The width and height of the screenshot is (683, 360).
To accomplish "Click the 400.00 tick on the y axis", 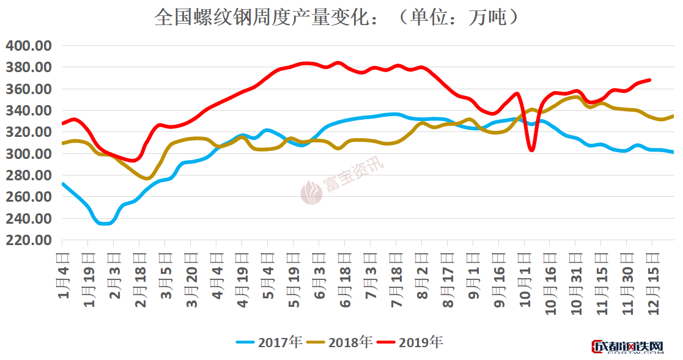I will pyautogui.click(x=29, y=46).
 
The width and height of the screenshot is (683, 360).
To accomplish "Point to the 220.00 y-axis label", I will pyautogui.click(x=29, y=240).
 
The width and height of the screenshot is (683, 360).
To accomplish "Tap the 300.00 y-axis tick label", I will pyautogui.click(x=29, y=154).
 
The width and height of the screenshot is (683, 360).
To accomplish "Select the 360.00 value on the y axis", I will pyautogui.click(x=29, y=89).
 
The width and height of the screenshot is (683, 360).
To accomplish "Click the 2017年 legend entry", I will pyautogui.click(x=270, y=342).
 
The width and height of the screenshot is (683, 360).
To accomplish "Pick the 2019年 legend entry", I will pyautogui.click(x=410, y=342).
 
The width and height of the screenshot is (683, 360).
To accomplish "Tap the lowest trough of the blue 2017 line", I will pyautogui.click(x=105, y=223).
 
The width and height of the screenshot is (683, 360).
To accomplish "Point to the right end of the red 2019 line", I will pyautogui.click(x=649, y=80).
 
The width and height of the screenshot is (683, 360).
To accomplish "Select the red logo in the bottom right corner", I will pyautogui.click(x=627, y=348).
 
